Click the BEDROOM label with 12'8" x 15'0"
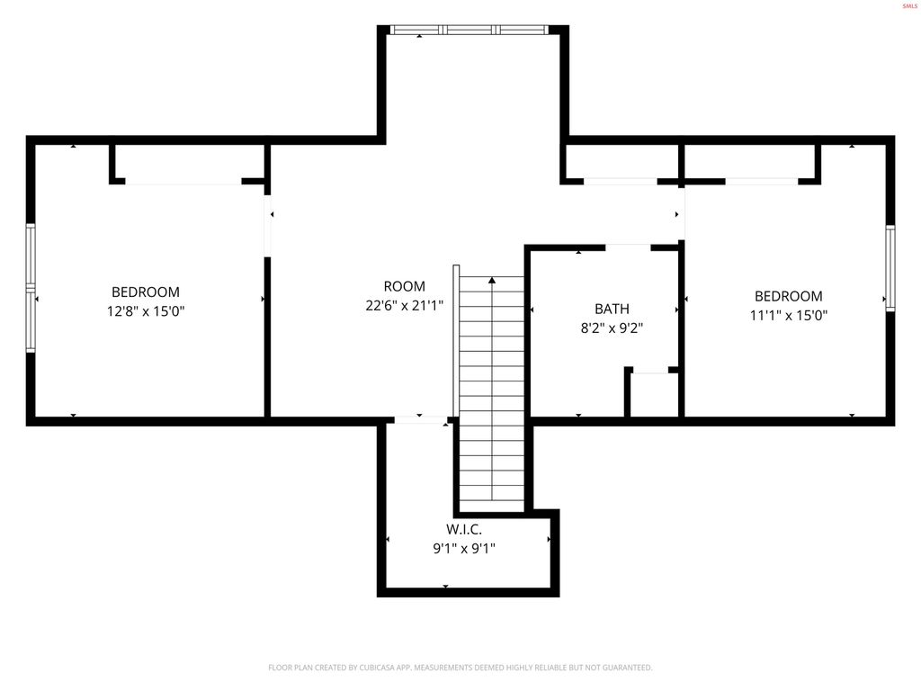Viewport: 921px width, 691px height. (x=146, y=292)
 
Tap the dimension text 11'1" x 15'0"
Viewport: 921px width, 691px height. (x=788, y=315)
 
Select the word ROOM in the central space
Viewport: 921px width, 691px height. (x=404, y=286)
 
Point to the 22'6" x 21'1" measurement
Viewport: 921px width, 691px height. (x=404, y=306)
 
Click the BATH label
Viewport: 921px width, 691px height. (x=612, y=309)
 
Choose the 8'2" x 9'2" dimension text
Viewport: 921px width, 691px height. (x=612, y=328)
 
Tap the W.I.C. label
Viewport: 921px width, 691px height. (x=464, y=530)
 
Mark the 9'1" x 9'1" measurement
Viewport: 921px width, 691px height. (x=464, y=547)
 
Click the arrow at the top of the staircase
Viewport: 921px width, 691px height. (x=492, y=282)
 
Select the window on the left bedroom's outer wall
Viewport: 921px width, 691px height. (x=31, y=287)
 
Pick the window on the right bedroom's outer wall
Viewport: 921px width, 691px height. (x=890, y=267)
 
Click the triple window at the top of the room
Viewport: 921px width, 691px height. (x=469, y=30)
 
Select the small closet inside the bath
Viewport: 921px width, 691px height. (x=653, y=394)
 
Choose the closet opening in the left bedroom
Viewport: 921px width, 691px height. (x=183, y=182)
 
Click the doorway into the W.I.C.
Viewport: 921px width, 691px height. (x=421, y=419)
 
